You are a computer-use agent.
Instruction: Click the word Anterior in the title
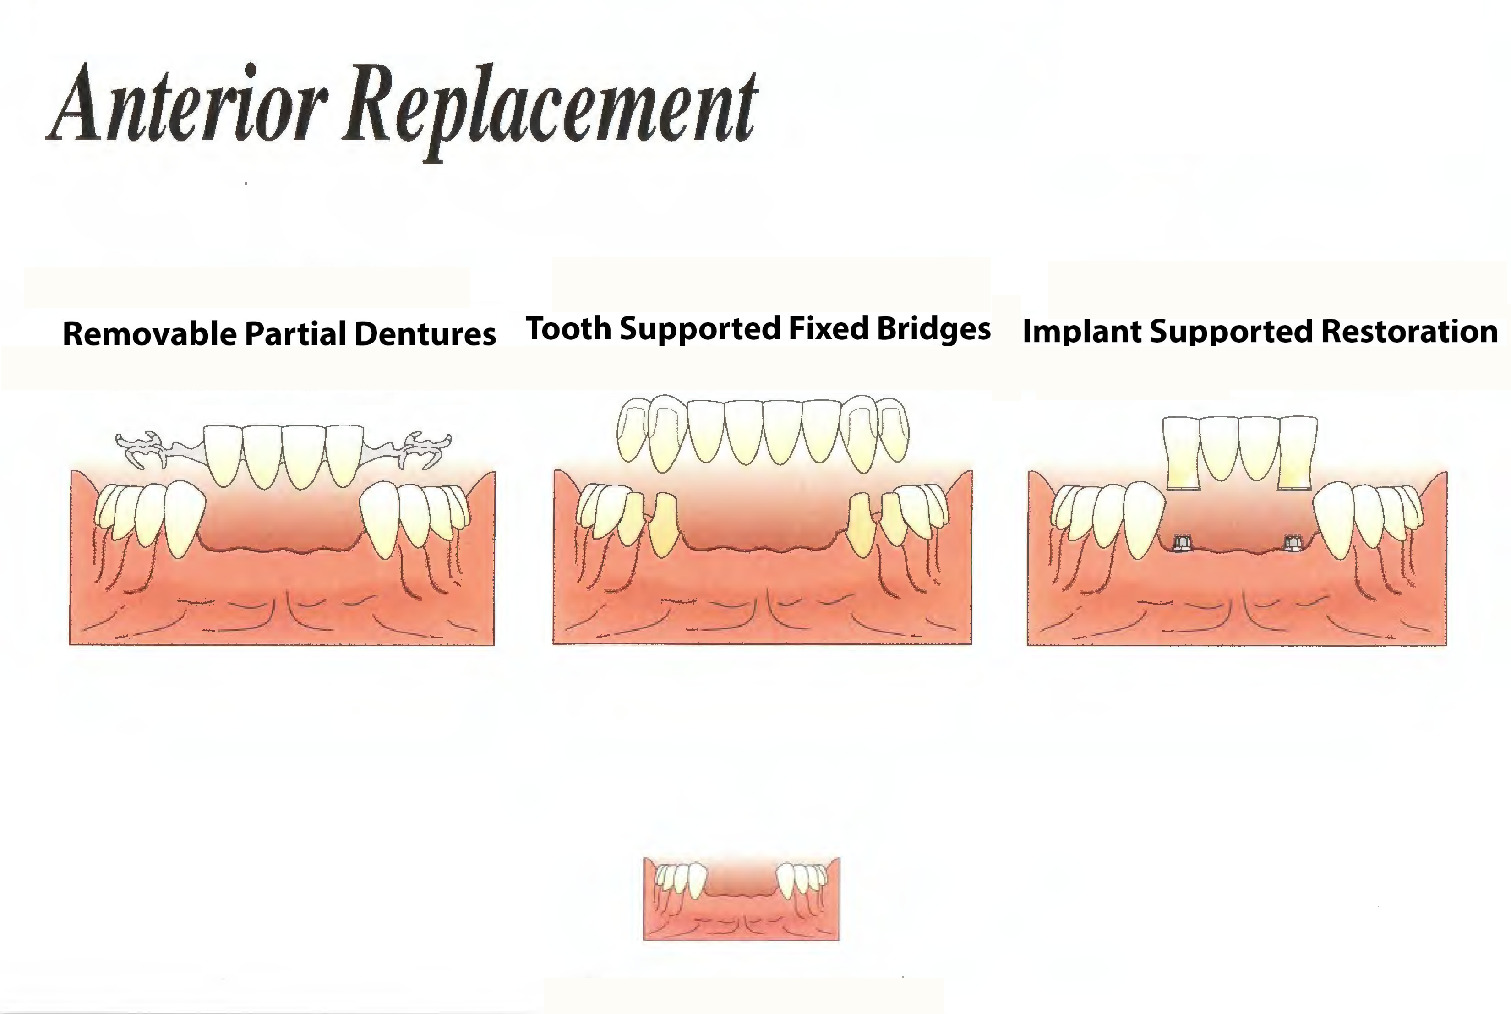187,104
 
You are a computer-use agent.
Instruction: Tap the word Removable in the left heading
150,334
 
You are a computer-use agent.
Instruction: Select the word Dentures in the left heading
425,334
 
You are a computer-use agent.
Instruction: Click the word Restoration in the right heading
1409,331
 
